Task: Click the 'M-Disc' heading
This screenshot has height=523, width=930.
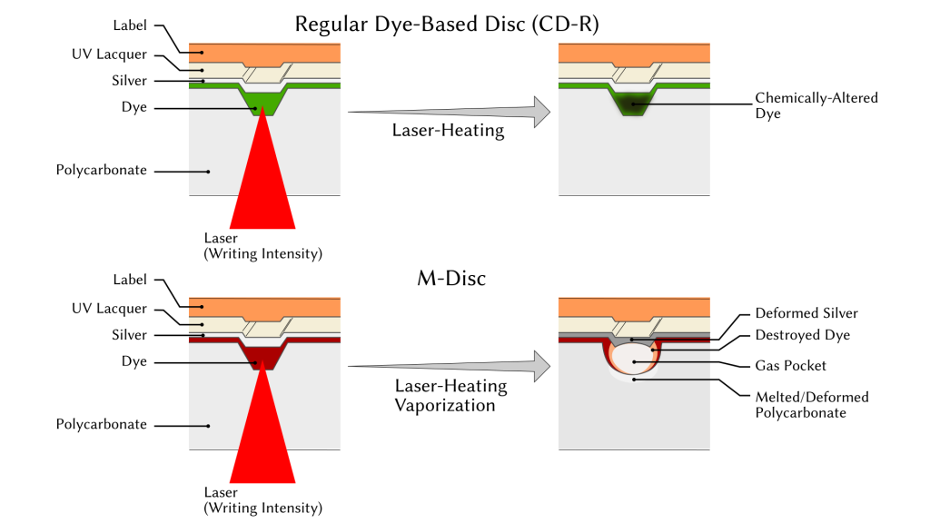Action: (445, 278)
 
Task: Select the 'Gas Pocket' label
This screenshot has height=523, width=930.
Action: (791, 365)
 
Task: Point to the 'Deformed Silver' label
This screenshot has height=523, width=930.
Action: (806, 313)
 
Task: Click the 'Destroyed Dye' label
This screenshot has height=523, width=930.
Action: (805, 335)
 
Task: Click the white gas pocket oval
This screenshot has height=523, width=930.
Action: (634, 360)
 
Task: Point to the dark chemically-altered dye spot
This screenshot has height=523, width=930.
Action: (634, 104)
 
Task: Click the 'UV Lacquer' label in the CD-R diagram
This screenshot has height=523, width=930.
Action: (109, 55)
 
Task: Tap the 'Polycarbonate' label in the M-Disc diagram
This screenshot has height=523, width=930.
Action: (101, 424)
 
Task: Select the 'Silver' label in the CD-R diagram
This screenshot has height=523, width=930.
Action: (129, 81)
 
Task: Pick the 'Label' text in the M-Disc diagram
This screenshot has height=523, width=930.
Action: (130, 281)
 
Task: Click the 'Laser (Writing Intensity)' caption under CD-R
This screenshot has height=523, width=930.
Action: (262, 246)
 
